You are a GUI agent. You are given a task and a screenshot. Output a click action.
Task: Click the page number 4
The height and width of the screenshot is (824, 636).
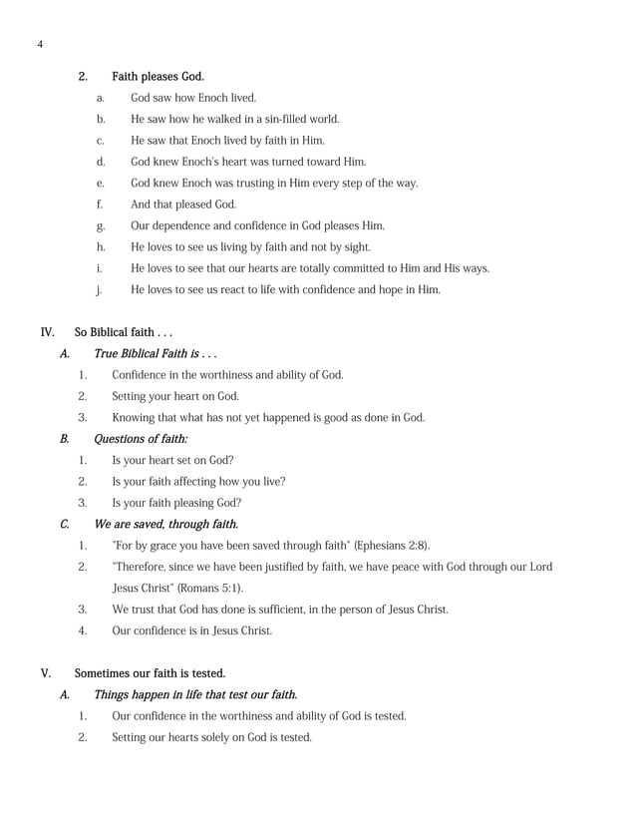(39, 44)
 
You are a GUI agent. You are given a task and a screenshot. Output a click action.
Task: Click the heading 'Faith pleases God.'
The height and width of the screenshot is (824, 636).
(158, 76)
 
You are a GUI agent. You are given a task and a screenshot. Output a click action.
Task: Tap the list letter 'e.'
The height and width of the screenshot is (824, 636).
(100, 183)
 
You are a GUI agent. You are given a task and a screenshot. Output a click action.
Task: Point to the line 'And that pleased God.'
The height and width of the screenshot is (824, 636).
(183, 205)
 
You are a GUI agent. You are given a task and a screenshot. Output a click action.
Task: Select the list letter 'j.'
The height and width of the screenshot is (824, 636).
(99, 290)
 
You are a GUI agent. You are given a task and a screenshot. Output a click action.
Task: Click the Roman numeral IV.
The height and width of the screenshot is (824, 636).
(47, 332)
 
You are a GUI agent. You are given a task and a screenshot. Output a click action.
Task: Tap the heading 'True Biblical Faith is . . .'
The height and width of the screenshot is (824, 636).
(156, 353)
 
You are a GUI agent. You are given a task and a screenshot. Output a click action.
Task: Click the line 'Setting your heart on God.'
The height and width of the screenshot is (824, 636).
(175, 396)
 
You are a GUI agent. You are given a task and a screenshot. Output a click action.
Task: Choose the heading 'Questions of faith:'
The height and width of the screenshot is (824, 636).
(141, 439)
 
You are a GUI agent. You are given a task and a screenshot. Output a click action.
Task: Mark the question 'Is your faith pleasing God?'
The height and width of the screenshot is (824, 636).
(176, 503)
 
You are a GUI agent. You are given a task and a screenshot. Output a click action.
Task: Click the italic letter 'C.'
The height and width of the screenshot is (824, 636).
(65, 524)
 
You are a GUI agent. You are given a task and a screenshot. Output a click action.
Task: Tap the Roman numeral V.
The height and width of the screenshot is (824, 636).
(44, 673)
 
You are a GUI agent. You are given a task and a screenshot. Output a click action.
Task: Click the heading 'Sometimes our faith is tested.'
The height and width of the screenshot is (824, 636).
(150, 673)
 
